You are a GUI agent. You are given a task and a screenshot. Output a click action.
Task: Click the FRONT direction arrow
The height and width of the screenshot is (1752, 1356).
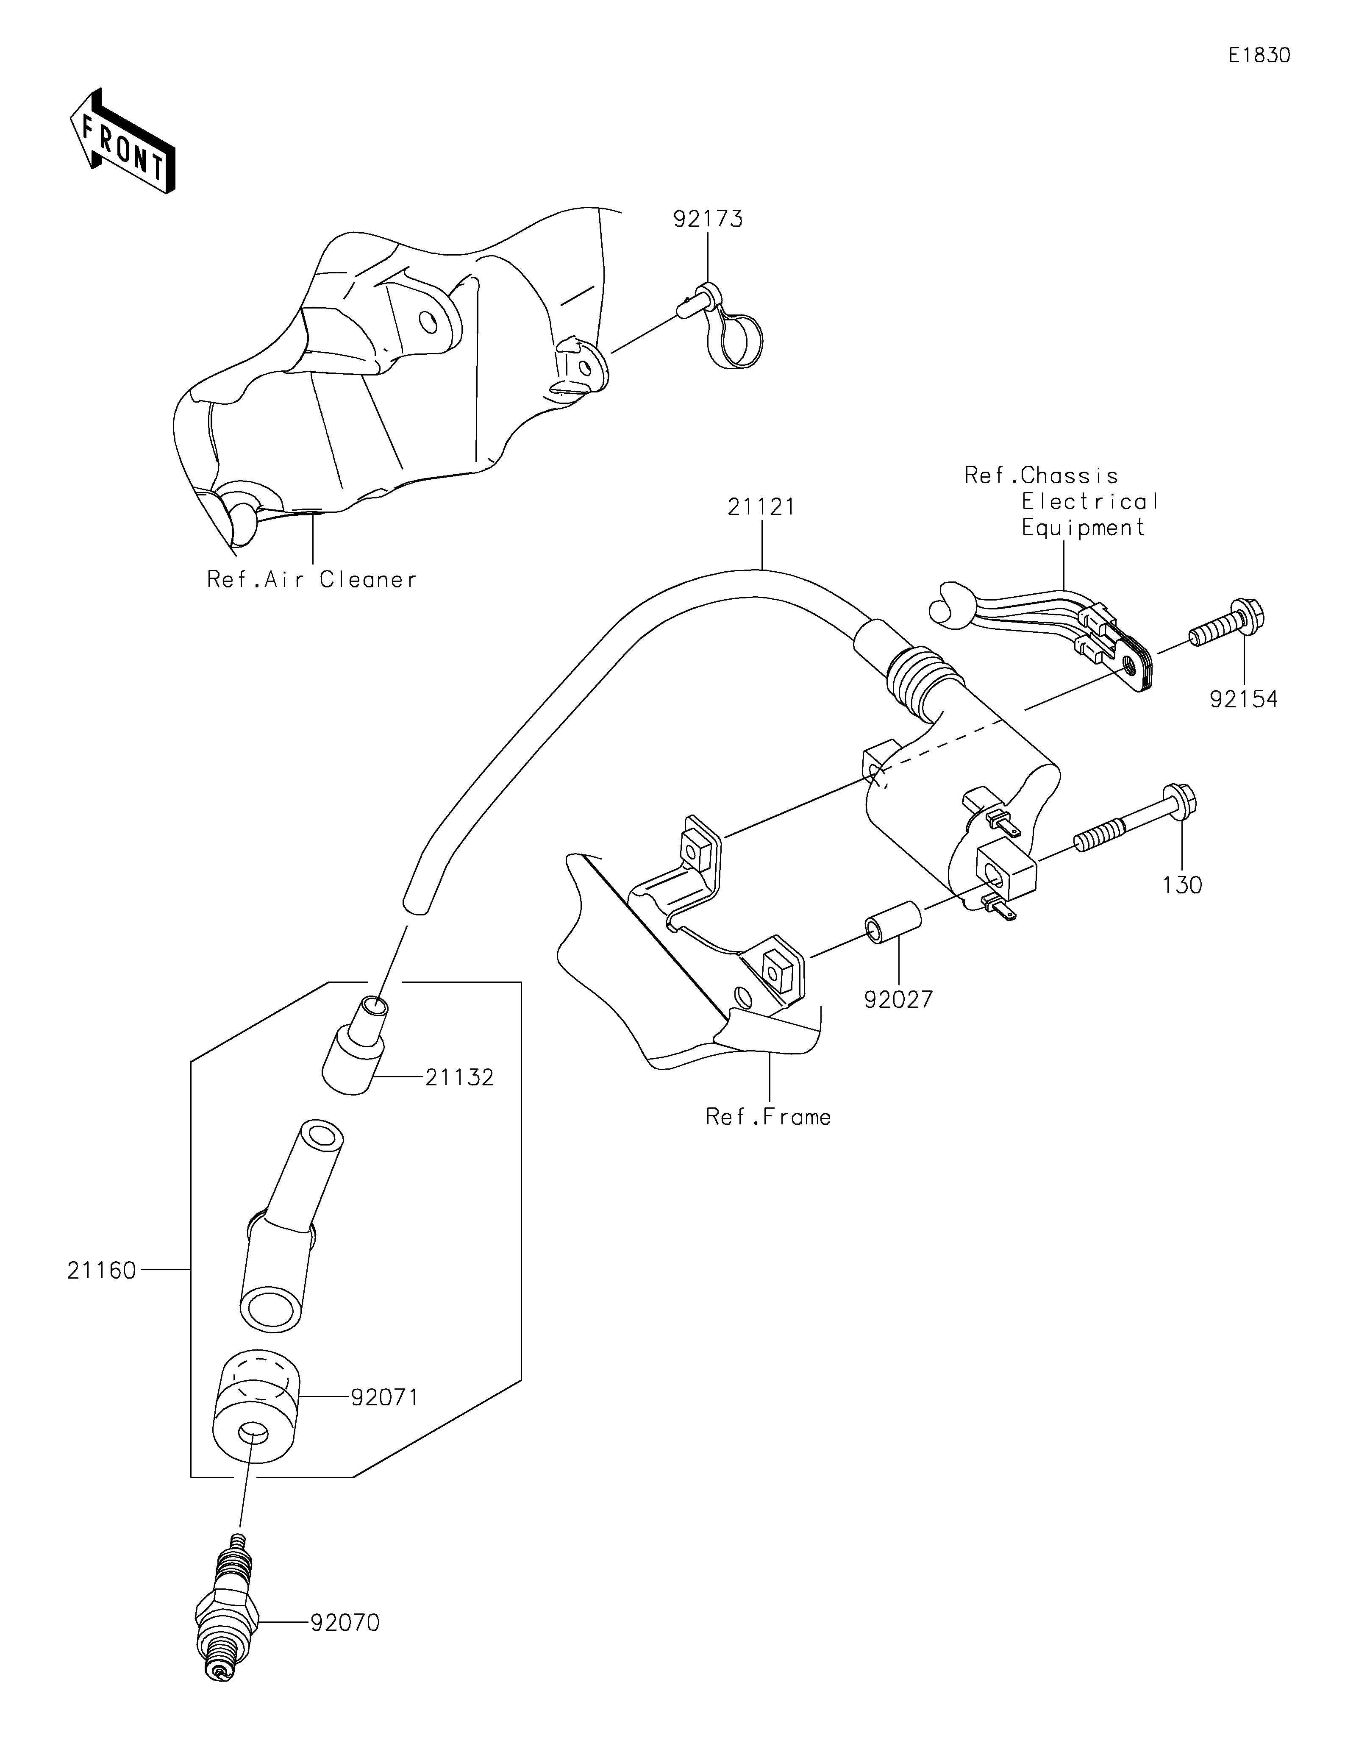123,140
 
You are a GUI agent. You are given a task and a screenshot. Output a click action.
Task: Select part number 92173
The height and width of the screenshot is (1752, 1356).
708,219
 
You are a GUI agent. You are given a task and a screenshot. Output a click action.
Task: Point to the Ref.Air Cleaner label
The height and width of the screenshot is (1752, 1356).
312,579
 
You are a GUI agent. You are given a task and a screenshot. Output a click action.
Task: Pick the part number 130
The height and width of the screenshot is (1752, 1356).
1182,886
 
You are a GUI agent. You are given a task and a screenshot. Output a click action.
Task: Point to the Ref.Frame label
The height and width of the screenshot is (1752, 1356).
768,1117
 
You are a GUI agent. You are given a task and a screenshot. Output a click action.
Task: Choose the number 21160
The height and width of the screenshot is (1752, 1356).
102,1271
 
